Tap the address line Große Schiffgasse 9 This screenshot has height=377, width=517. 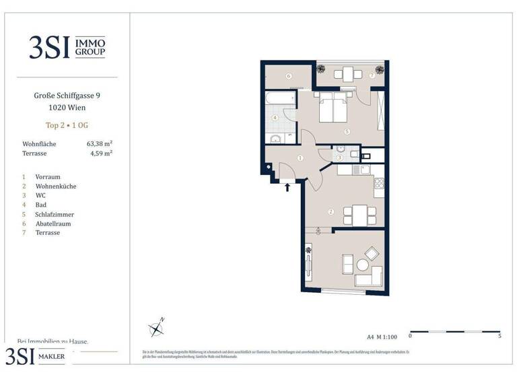click(67, 96)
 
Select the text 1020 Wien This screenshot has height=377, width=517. click(67, 108)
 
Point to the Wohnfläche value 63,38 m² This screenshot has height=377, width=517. click(99, 143)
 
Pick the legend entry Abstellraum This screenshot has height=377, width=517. click(55, 224)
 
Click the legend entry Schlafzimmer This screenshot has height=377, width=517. click(56, 214)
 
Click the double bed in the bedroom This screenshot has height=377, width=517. click(333, 108)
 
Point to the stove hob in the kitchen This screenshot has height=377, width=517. click(378, 182)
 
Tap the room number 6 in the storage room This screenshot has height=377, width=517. click(288, 76)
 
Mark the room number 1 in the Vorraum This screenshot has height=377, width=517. click(300, 158)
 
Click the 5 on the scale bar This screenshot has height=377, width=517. click(499, 335)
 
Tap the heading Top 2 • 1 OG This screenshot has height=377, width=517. click(66, 125)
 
